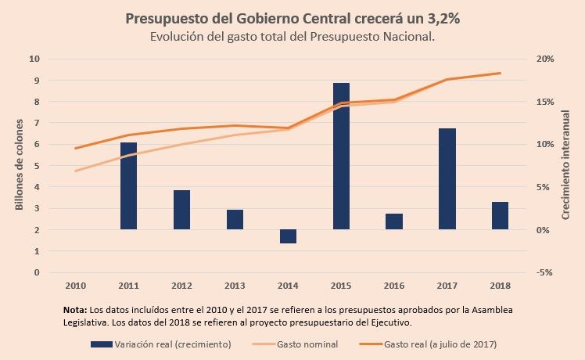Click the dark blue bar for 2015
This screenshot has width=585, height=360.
pos(341,156)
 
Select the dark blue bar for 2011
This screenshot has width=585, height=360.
pos(129,185)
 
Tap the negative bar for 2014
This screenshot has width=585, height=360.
pos(288,236)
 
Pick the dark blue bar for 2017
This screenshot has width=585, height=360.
pos(447,178)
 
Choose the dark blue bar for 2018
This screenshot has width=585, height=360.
pos(500,215)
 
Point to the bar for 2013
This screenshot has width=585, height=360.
pos(235,219)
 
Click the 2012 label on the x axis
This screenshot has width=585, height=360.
pos(181,285)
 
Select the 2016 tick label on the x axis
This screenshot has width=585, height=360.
pos(394,285)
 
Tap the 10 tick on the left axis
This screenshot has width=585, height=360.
pos(34,59)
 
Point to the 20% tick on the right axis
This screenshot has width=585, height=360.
pos(545,59)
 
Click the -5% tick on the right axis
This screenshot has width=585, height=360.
pos(545,272)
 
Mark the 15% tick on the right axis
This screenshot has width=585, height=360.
pos(545,102)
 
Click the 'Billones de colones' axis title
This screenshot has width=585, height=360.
pos(20,166)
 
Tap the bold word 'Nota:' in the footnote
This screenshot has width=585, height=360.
pos(75,310)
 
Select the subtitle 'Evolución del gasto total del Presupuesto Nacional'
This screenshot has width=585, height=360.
pos(292,37)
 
